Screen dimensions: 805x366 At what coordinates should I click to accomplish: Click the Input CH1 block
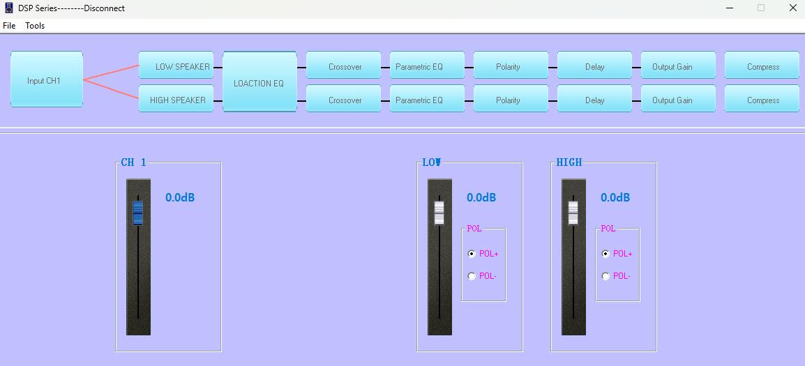pos(47,79)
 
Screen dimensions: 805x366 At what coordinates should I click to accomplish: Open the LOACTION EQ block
pos(259,82)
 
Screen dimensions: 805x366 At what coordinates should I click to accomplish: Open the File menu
pos(9,26)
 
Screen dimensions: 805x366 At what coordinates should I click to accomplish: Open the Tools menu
pos(35,26)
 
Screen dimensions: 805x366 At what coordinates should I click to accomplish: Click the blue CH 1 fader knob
pos(138,213)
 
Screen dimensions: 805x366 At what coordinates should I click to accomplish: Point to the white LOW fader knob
pos(439,213)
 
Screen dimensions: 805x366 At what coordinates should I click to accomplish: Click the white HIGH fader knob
pos(573,213)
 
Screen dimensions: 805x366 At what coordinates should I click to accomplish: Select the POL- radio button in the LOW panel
pos(472,276)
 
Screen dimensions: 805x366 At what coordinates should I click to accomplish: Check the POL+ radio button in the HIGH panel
pos(605,254)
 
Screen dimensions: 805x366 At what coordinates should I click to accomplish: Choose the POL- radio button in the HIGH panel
pos(605,276)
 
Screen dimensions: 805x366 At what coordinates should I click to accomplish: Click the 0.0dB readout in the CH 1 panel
pos(180,197)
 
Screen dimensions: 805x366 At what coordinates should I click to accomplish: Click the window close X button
pos(792,8)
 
